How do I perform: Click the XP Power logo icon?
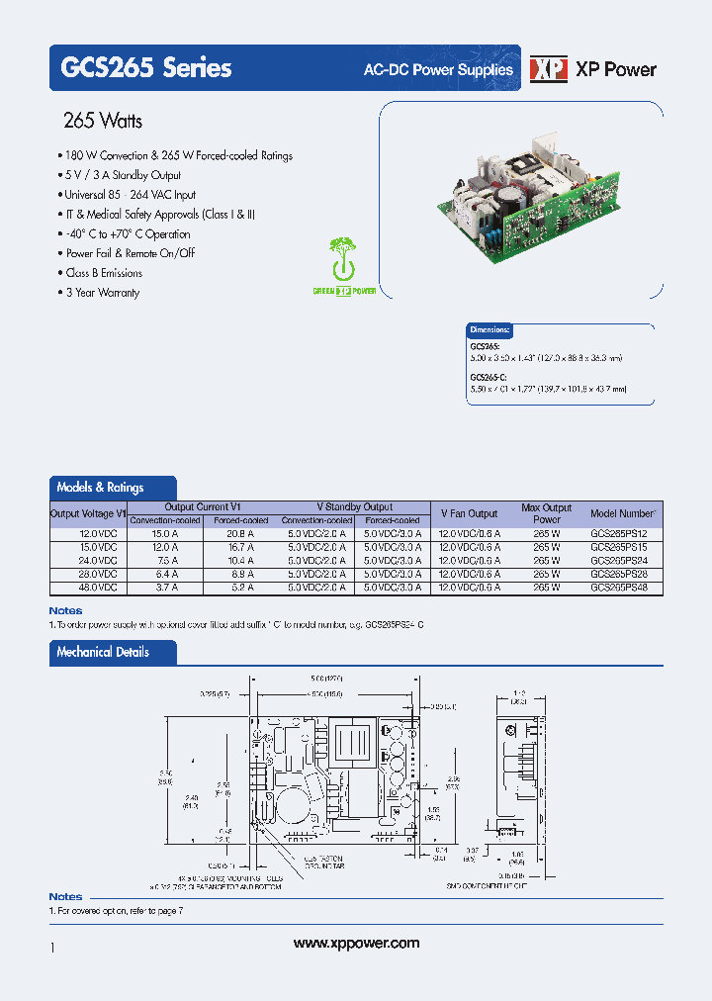tap(549, 69)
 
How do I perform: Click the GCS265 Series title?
tap(146, 68)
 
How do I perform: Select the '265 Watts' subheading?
tap(103, 121)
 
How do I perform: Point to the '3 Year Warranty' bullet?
tap(103, 293)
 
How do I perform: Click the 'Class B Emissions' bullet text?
tap(104, 273)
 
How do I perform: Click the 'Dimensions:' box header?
tap(490, 329)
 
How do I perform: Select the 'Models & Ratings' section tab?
tap(101, 488)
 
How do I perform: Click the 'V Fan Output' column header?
tap(469, 513)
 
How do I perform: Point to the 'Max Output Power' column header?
tap(546, 513)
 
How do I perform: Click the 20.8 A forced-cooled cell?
tap(241, 533)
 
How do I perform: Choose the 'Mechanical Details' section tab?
tap(103, 653)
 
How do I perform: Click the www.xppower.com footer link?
tap(357, 944)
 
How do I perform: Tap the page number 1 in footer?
tap(52, 948)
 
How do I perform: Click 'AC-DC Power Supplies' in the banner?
tap(439, 69)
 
